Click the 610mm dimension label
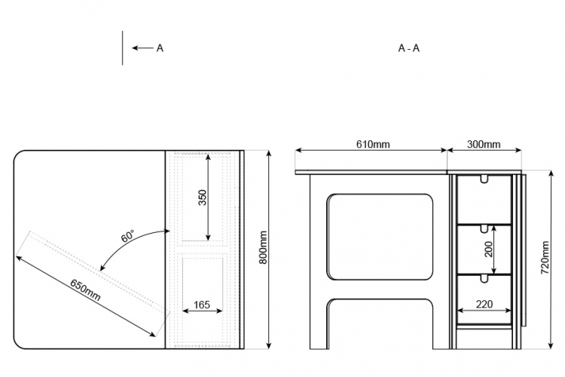tap(373, 144)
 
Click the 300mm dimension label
tap(484, 144)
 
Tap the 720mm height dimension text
tap(545, 258)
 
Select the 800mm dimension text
tap(264, 247)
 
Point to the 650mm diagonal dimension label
tap(85, 290)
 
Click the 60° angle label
tap(128, 236)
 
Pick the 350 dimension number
tap(203, 198)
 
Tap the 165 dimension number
tap(202, 305)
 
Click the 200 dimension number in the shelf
tap(488, 250)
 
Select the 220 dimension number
tap(484, 305)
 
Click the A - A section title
tap(409, 48)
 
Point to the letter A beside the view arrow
tap(160, 48)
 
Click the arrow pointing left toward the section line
tap(142, 48)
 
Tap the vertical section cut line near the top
tap(123, 48)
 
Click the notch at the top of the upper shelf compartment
tap(484, 179)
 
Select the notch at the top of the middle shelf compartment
tap(484, 228)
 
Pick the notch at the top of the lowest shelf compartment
tap(484, 278)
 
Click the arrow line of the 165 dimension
tap(203, 311)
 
